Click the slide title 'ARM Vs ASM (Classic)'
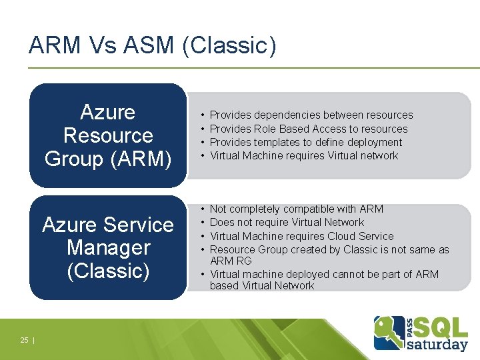pyautogui.click(x=152, y=45)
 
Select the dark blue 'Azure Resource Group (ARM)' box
pyautogui.click(x=108, y=135)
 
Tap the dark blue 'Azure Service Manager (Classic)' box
pyautogui.click(x=108, y=247)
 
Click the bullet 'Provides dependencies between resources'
pyautogui.click(x=311, y=115)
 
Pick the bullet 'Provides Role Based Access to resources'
pyautogui.click(x=309, y=129)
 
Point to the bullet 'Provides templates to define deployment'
pyautogui.click(x=306, y=142)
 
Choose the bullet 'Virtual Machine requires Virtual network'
pyautogui.click(x=303, y=155)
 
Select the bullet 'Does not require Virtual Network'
pyautogui.click(x=287, y=222)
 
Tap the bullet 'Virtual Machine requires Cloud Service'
pyautogui.click(x=301, y=236)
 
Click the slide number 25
pyautogui.click(x=24, y=340)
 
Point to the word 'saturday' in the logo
pyautogui.click(x=437, y=345)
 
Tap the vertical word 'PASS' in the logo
pyautogui.click(x=408, y=325)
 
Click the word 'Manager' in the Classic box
pyautogui.click(x=108, y=247)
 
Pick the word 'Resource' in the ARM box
pyautogui.click(x=108, y=135)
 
